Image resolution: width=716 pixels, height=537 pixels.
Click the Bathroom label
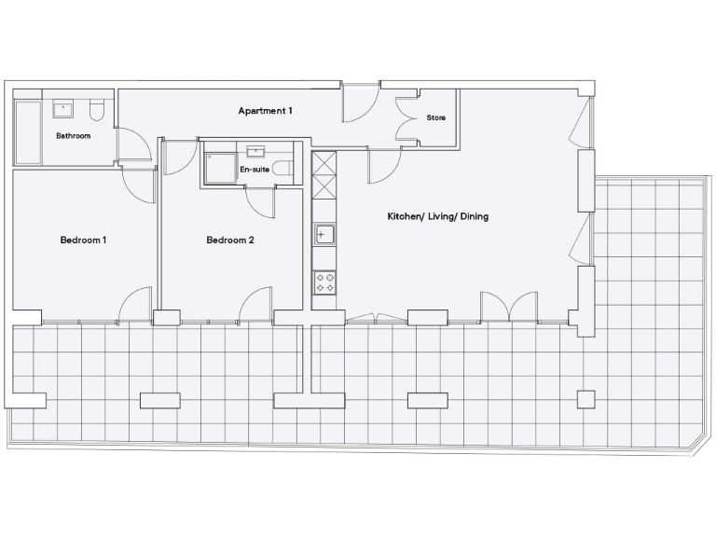(73, 136)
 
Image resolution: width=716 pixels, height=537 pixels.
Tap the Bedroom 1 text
(83, 241)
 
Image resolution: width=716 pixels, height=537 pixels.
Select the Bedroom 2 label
(230, 241)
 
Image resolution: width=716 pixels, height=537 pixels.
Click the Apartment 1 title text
(266, 111)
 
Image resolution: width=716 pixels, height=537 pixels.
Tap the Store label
(435, 118)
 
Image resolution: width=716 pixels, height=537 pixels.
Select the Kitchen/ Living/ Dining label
(437, 216)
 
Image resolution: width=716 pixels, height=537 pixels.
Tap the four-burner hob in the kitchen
(324, 282)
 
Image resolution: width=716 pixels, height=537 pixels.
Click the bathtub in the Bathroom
(27, 132)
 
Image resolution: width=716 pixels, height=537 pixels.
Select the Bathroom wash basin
(64, 109)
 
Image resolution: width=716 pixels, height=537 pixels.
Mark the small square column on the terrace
(585, 399)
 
